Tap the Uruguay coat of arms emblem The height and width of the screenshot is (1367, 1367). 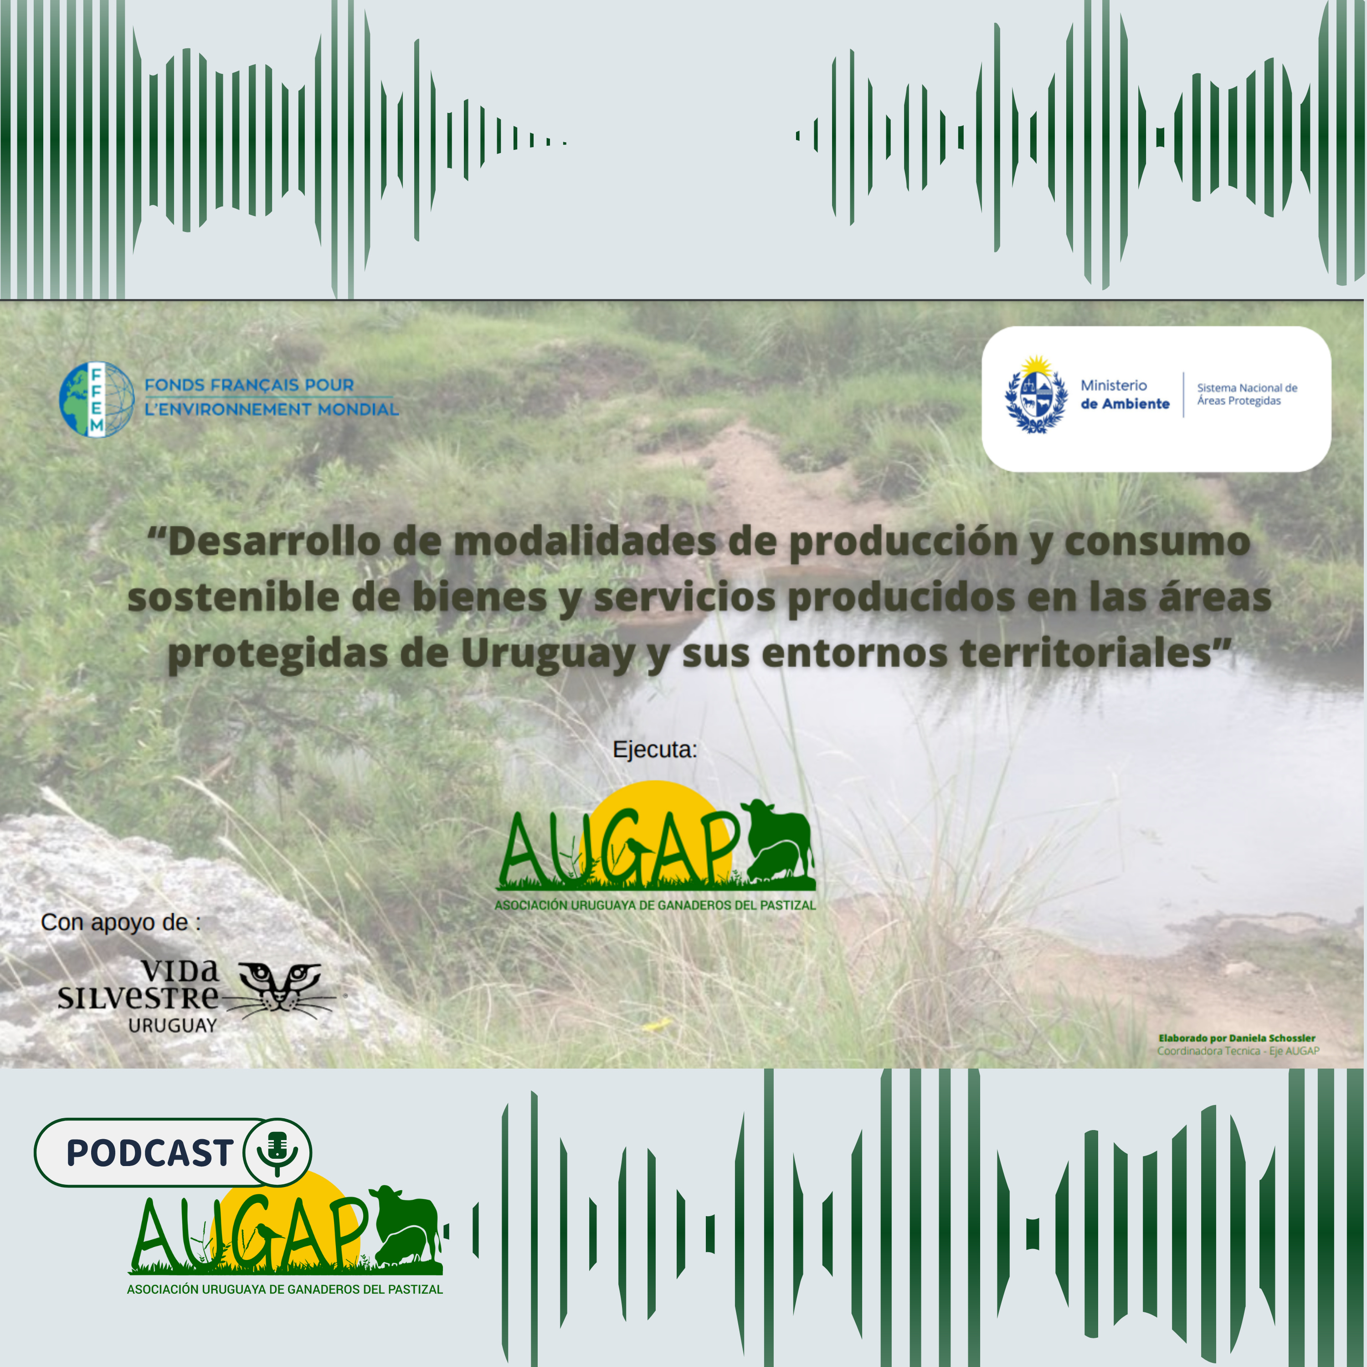click(1036, 394)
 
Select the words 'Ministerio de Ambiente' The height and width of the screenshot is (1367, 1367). click(1125, 395)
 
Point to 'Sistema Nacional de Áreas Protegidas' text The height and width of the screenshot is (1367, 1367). click(1247, 394)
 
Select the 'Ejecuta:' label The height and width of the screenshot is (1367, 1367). click(654, 749)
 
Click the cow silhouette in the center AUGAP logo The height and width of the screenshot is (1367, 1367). click(778, 842)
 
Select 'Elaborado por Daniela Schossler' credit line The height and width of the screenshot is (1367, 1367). click(1237, 1038)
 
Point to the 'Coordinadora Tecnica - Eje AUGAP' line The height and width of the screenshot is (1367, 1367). click(1238, 1051)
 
